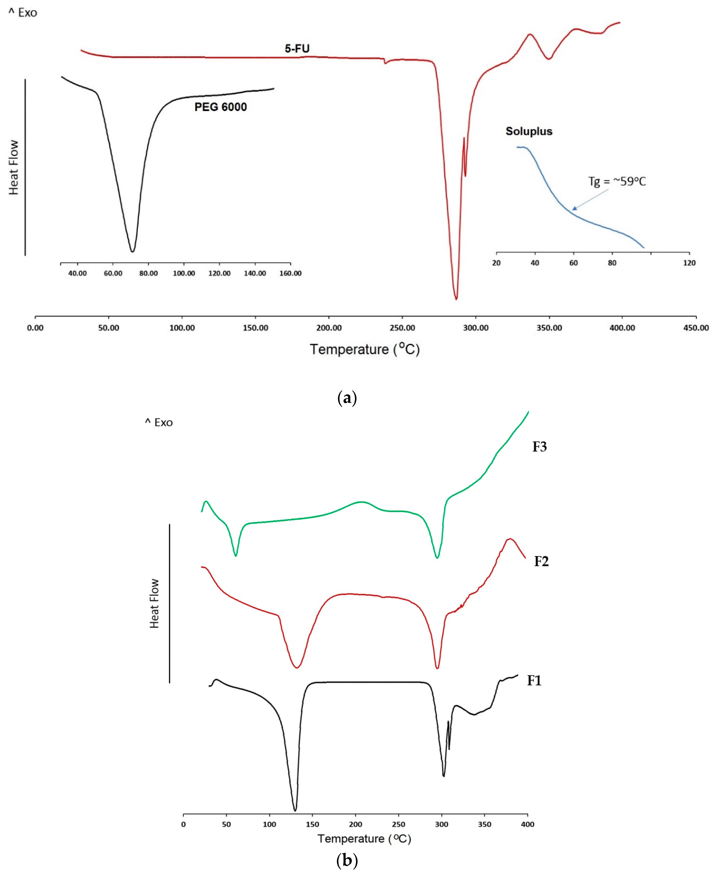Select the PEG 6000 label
(x=220, y=107)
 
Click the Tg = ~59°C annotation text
(x=617, y=181)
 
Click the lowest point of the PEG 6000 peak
(x=132, y=251)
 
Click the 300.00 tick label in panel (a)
(x=476, y=328)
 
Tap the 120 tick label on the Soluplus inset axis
(x=689, y=263)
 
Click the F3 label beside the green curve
(x=539, y=447)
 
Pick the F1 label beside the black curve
(x=534, y=681)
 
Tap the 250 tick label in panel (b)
(x=398, y=824)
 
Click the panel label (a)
(x=347, y=398)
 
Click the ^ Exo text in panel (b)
(x=159, y=423)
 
